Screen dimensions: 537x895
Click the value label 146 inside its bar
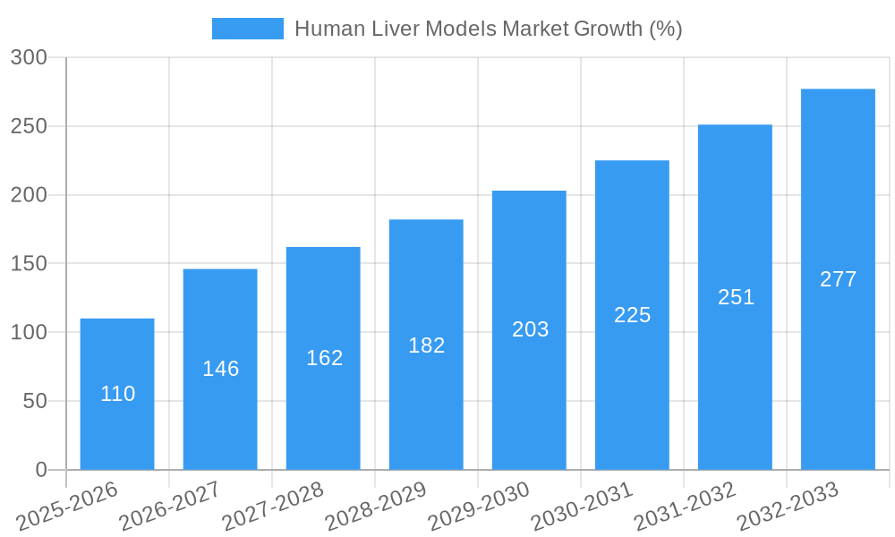click(x=220, y=369)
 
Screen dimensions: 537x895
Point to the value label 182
click(x=426, y=345)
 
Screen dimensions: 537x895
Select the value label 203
click(x=530, y=329)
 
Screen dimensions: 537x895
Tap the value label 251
click(x=736, y=297)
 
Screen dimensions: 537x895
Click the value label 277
click(x=838, y=279)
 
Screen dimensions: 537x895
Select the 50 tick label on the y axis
click(x=35, y=401)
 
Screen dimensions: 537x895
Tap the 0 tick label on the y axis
click(x=41, y=470)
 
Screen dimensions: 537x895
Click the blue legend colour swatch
click(x=247, y=29)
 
